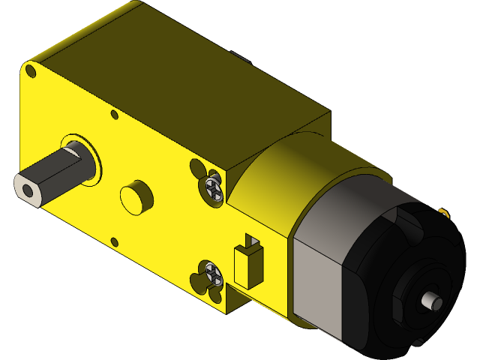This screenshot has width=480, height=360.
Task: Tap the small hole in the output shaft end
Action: (x=28, y=191)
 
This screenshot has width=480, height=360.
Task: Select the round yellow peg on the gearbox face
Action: (x=136, y=196)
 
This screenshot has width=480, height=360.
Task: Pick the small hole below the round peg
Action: (x=115, y=241)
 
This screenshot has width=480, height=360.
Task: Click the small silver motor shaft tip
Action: (x=433, y=302)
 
